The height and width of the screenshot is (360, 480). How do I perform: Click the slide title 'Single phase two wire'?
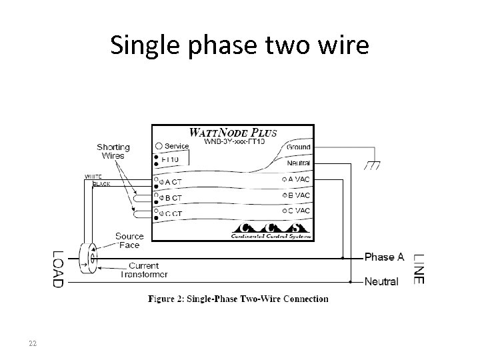click(x=239, y=45)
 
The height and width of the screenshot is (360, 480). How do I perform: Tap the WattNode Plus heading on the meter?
click(x=233, y=132)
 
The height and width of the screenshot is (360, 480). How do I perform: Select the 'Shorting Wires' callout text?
click(x=113, y=151)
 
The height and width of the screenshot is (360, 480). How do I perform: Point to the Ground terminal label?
click(x=298, y=146)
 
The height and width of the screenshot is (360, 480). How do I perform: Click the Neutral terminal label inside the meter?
click(x=298, y=163)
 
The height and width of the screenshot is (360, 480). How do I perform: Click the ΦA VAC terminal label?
click(x=297, y=179)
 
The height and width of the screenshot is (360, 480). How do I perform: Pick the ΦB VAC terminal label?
click(x=297, y=195)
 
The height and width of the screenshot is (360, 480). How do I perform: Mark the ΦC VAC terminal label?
click(x=297, y=211)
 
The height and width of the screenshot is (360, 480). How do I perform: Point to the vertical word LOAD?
click(x=59, y=269)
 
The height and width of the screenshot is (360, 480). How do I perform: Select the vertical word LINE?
click(x=418, y=269)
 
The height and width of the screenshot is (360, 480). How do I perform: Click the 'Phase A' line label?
click(x=384, y=257)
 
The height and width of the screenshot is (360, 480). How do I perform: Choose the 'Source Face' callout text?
click(x=129, y=240)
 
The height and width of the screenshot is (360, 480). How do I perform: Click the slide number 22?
click(x=32, y=344)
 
